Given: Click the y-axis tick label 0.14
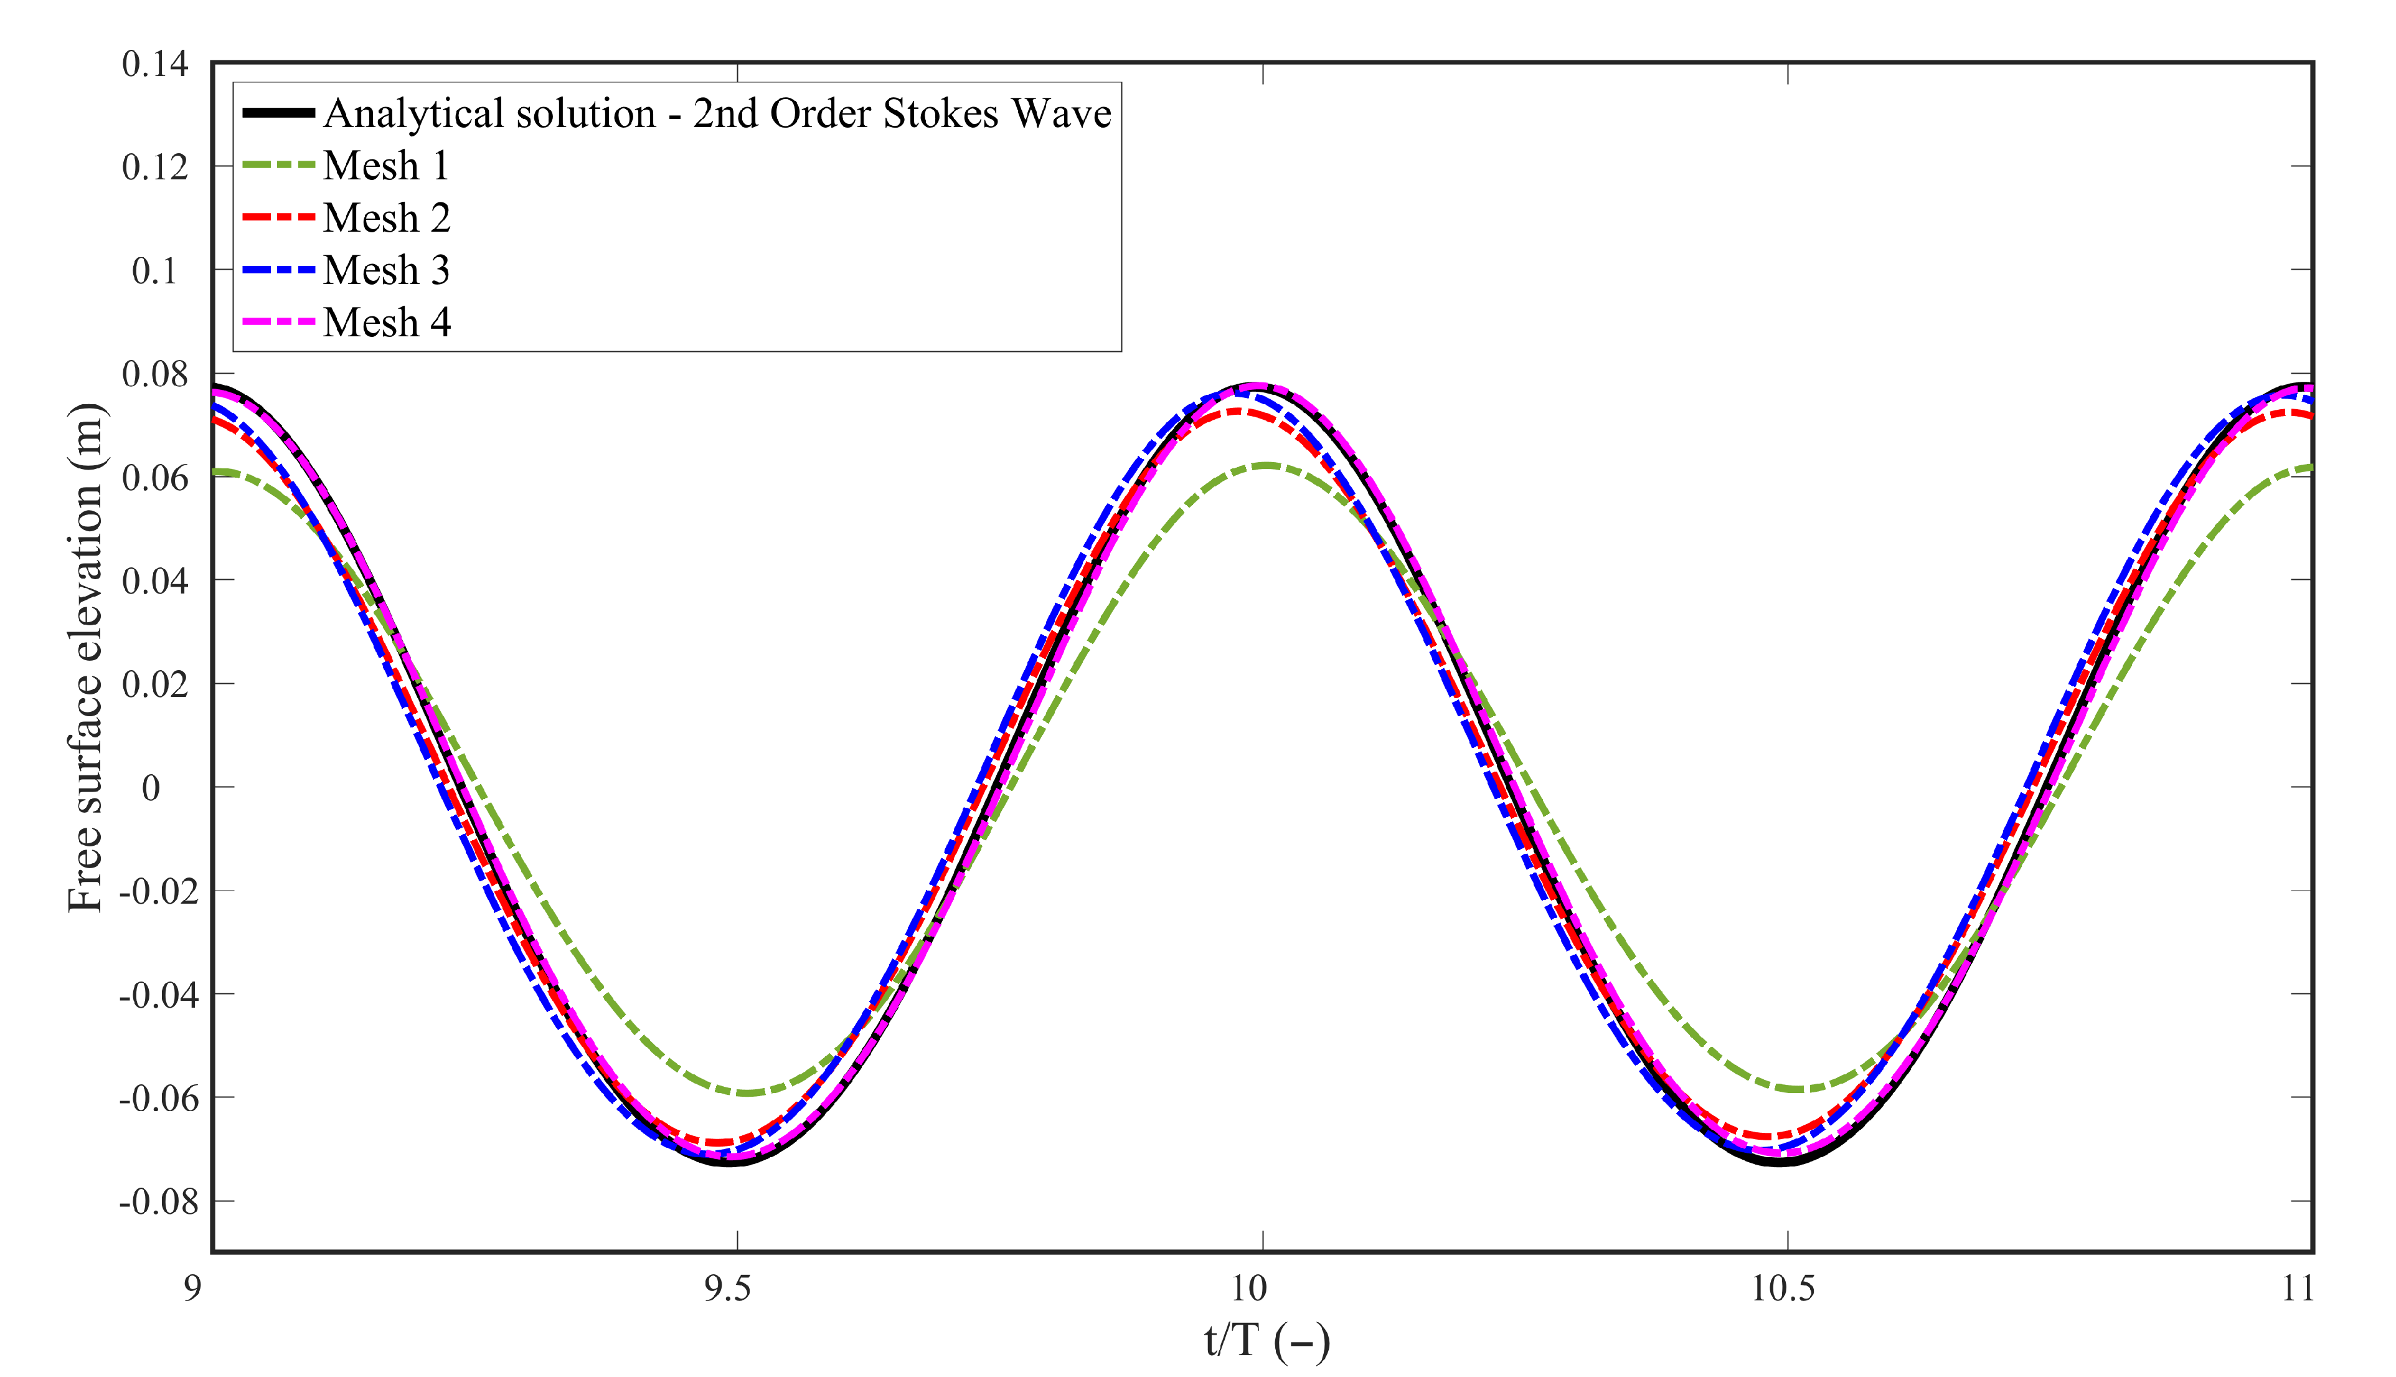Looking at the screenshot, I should click(155, 64).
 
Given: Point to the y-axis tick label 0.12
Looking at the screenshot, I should click(155, 168).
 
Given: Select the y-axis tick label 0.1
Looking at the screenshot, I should click(154, 272).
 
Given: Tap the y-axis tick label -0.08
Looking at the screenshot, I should click(159, 1202).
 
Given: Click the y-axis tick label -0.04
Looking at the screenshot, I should click(159, 995).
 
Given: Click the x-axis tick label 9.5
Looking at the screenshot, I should click(727, 1288).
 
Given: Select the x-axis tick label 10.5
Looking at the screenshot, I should click(1783, 1288).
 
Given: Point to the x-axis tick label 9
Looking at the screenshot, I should click(193, 1288).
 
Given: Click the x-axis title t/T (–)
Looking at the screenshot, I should click(1267, 1341).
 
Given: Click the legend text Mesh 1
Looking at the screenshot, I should click(386, 166).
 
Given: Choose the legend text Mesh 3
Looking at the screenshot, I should click(386, 270).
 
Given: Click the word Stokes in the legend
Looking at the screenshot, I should click(941, 113).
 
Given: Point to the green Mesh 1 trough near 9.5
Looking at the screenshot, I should click(747, 1093).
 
